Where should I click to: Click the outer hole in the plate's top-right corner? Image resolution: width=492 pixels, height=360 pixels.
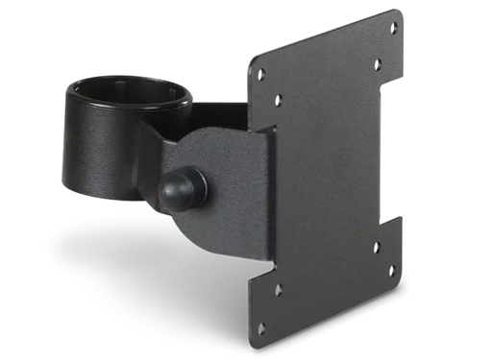pos(393,29)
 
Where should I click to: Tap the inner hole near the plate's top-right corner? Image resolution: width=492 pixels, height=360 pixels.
pos(377,65)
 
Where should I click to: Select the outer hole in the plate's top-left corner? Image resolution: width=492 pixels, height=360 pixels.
pos(259,74)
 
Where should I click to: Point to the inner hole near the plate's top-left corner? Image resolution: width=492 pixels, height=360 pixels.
pos(278,99)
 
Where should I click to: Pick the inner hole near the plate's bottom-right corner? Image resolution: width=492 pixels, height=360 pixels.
pos(376,247)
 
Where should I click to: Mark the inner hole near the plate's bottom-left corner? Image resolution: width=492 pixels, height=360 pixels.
pos(279,288)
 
